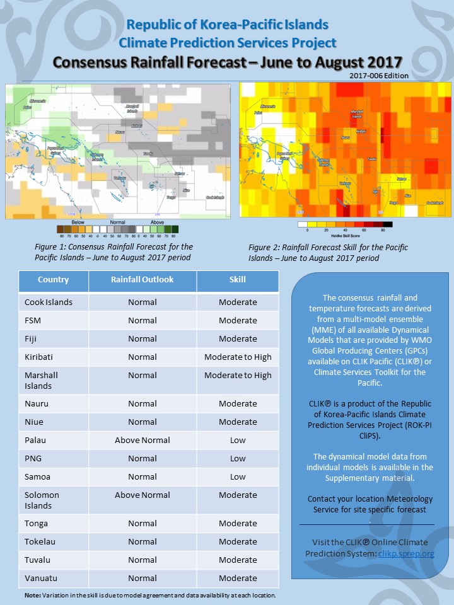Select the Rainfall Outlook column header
(x=142, y=280)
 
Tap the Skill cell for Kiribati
(x=238, y=357)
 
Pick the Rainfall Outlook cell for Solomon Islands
(x=142, y=495)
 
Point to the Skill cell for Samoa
(x=238, y=476)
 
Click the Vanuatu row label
(x=39, y=578)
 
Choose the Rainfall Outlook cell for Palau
(x=142, y=440)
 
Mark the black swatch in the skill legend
(x=388, y=224)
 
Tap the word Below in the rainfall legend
(x=78, y=222)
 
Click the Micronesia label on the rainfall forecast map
(x=39, y=100)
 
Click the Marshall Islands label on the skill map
(x=357, y=113)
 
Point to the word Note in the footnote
(x=32, y=595)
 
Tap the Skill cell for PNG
(x=238, y=458)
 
